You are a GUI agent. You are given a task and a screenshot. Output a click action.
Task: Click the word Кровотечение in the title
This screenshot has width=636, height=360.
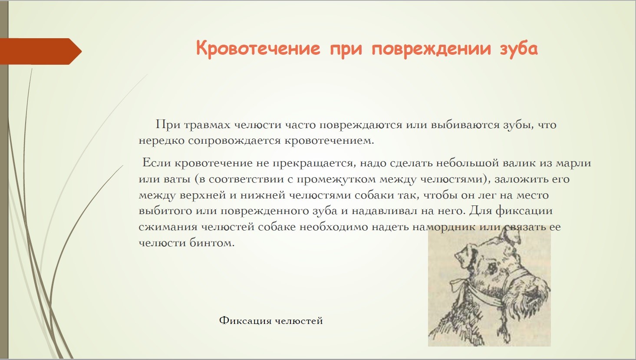(x=258, y=48)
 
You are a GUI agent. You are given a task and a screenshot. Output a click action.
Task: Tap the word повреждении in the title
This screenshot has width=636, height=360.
(x=431, y=49)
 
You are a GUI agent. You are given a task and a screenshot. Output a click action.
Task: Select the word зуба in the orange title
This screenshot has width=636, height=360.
(x=518, y=49)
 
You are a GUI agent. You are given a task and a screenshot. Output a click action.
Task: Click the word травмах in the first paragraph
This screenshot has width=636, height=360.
(x=207, y=125)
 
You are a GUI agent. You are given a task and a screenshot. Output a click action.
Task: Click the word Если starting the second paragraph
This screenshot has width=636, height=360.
(x=156, y=163)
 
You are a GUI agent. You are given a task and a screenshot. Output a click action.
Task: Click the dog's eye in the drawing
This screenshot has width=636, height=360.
(x=492, y=267)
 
